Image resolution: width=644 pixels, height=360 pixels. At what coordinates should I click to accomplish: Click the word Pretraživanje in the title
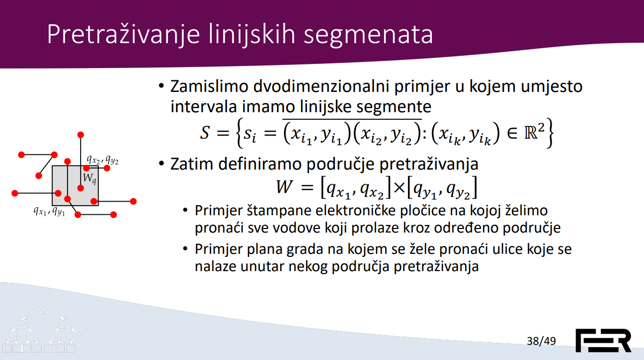pos(123,35)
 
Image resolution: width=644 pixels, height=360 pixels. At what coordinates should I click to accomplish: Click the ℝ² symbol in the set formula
pos(534,132)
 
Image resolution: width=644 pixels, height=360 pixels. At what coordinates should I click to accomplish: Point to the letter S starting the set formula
pos(205,133)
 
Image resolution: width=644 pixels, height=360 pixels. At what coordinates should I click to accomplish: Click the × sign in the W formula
pos(399,188)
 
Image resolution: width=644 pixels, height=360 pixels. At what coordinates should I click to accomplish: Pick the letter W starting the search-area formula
pos(284,187)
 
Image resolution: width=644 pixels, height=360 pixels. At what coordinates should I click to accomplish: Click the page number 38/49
pos(541,341)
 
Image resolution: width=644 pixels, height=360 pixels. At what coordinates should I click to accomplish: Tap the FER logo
pos(603,340)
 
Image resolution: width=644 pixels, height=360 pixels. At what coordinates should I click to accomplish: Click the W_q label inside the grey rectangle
pos(89,179)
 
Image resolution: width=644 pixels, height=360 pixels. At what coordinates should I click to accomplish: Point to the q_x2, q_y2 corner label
pos(103,159)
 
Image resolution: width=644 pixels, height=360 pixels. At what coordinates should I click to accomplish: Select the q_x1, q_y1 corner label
pos(49,211)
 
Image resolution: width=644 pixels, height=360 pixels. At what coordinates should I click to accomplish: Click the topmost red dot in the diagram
pos(81,135)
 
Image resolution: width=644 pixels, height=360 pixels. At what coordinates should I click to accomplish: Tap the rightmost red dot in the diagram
pos(133,201)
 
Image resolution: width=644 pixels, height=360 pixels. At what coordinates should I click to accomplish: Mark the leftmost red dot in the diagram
pos(15,193)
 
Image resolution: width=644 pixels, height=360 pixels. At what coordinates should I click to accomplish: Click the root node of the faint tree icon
pos(44,309)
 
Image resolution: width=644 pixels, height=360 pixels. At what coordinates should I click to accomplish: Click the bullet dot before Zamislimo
pos(161,86)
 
